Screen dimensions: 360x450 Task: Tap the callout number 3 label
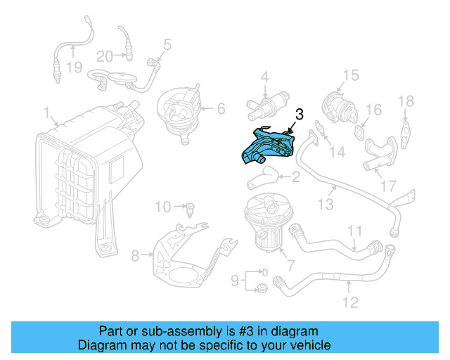point(299,114)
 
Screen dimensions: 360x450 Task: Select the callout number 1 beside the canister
point(46,112)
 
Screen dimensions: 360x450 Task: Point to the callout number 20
point(105,56)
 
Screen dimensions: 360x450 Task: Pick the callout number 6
point(220,108)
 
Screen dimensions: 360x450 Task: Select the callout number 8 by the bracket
point(136,253)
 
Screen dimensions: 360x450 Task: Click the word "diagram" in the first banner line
point(296,330)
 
